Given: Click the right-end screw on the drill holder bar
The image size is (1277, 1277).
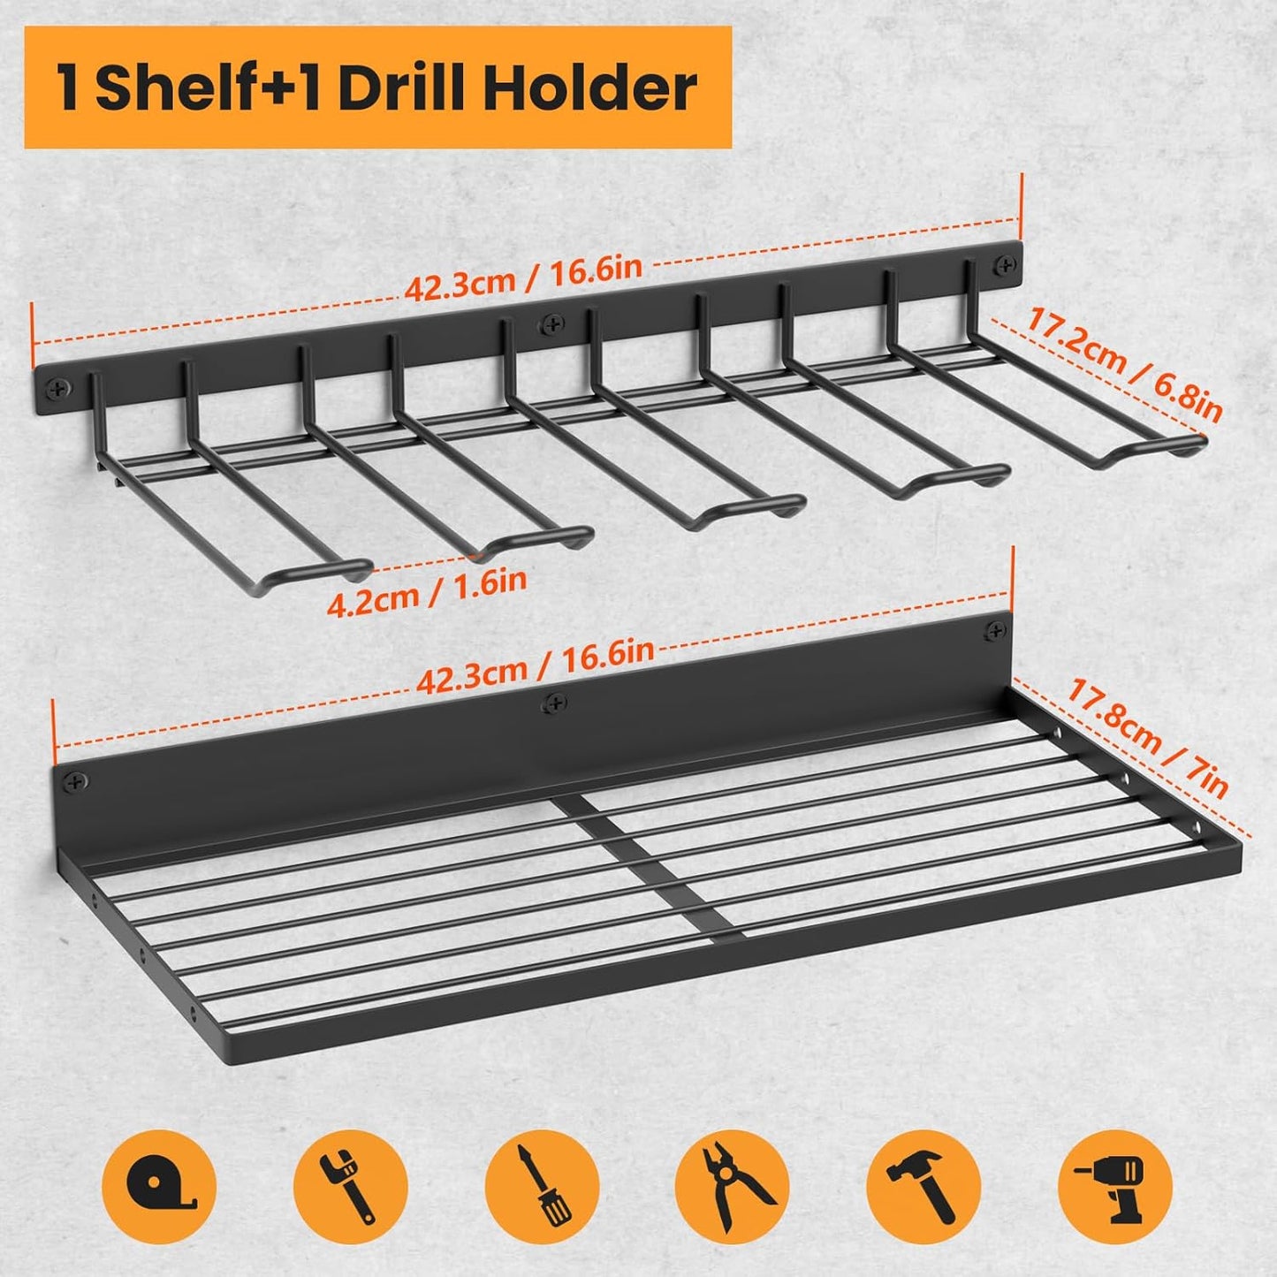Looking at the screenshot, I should click(x=1005, y=262).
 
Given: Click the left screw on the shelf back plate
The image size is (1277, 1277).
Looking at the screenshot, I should click(x=77, y=781).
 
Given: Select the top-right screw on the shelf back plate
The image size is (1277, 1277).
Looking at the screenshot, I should click(x=996, y=630).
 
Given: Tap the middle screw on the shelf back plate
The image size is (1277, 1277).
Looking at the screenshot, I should click(x=554, y=703).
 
